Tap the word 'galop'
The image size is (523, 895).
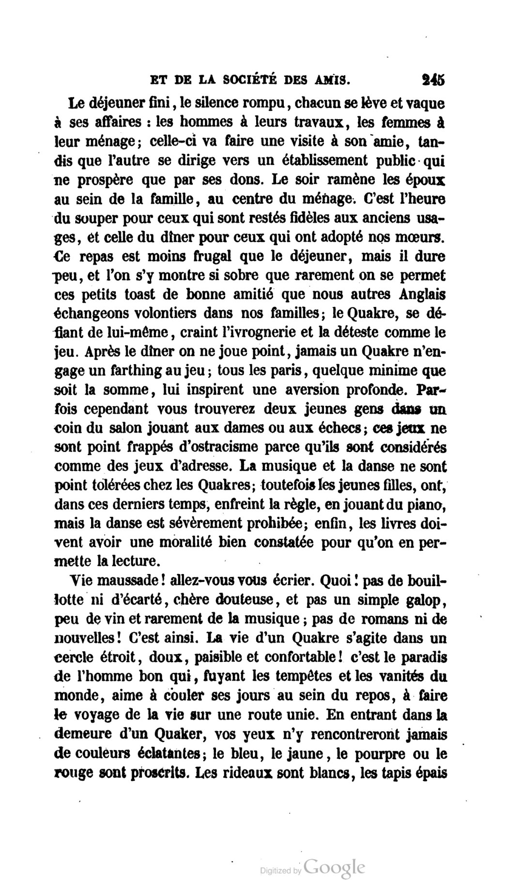[x=423, y=600]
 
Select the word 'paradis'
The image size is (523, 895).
[x=422, y=657]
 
